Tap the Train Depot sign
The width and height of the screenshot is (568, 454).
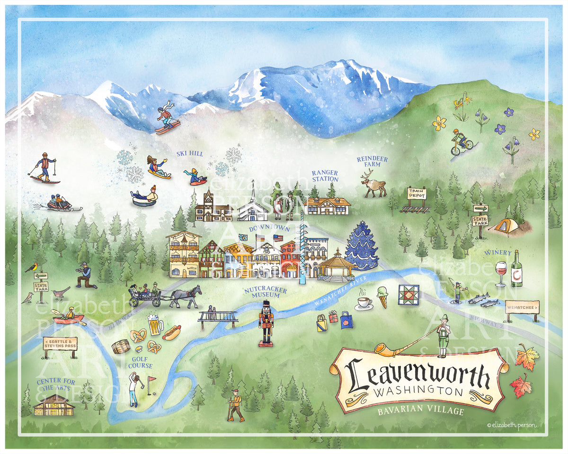tap(417, 194)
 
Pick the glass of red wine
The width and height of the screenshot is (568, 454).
tap(501, 273)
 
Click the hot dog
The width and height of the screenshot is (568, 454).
tap(171, 332)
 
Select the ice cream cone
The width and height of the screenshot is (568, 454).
tap(382, 297)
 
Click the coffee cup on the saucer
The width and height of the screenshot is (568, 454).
tap(364, 303)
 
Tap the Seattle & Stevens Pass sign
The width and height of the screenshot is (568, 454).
tap(60, 343)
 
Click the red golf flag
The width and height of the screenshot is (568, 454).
tap(151, 380)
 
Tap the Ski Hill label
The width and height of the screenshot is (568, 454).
tap(189, 154)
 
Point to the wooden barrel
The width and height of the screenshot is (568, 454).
tap(121, 347)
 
